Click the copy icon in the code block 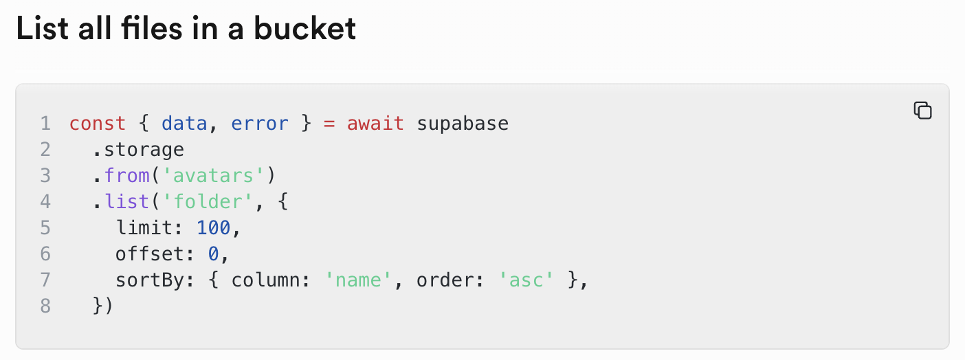tap(922, 110)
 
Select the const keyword tap(98, 124)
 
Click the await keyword tap(375, 124)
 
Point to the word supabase tap(463, 124)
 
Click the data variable tap(184, 124)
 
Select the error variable tap(260, 124)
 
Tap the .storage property tap(138, 150)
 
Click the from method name tap(127, 176)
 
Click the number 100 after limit tap(213, 228)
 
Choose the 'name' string tap(358, 280)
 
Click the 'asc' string tap(526, 280)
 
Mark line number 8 tap(45, 306)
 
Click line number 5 tap(45, 228)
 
